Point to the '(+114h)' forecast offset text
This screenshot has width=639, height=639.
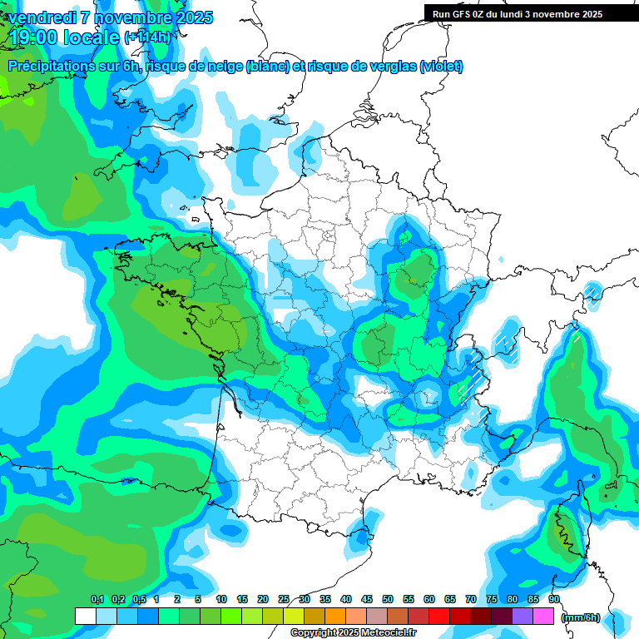coord(147,37)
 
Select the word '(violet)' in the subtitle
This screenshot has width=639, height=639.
coord(441,67)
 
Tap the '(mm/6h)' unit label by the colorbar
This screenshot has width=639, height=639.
coord(581,617)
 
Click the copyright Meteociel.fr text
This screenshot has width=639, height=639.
coord(353,633)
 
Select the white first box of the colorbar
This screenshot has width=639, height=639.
coord(86,617)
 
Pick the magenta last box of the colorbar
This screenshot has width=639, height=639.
coord(543,617)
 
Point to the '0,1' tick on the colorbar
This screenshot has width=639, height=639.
coord(97,600)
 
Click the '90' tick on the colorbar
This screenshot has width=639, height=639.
coord(554,600)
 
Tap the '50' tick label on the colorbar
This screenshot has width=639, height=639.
coord(388,600)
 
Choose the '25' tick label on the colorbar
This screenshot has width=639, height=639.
coord(284,600)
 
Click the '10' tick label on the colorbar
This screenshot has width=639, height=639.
coord(221,600)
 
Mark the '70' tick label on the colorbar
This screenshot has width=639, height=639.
coord(471,600)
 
